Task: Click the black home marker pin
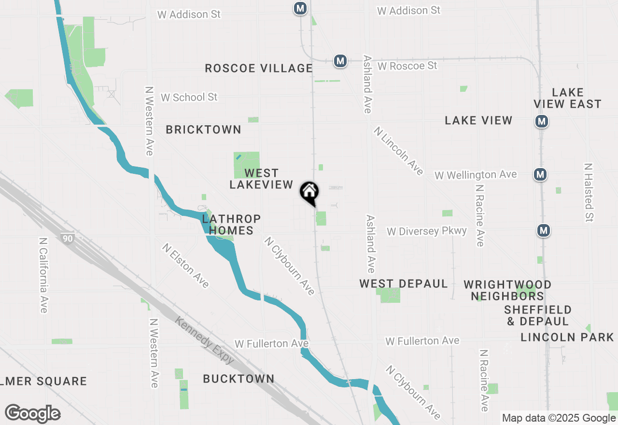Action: pyautogui.click(x=309, y=192)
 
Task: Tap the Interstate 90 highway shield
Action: pyautogui.click(x=68, y=238)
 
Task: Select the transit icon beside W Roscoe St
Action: pyautogui.click(x=340, y=61)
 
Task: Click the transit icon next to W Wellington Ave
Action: pyautogui.click(x=540, y=174)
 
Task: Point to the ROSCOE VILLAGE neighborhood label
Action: pyautogui.click(x=259, y=68)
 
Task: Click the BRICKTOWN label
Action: pyautogui.click(x=203, y=129)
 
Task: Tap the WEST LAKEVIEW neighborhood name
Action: pyautogui.click(x=261, y=179)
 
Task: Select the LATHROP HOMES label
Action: pyautogui.click(x=231, y=225)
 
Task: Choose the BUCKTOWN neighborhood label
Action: pyautogui.click(x=239, y=379)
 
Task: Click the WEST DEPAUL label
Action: pyautogui.click(x=404, y=283)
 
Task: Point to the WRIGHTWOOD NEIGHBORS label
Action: pyautogui.click(x=507, y=290)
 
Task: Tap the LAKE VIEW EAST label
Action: pyautogui.click(x=567, y=98)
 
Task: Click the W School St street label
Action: pyautogui.click(x=189, y=97)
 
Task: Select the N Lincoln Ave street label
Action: pyautogui.click(x=398, y=151)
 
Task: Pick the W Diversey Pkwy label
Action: pyautogui.click(x=427, y=231)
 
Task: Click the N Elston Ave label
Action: pyautogui.click(x=186, y=266)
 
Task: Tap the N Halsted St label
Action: pyautogui.click(x=588, y=192)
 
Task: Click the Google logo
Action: pyautogui.click(x=32, y=414)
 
